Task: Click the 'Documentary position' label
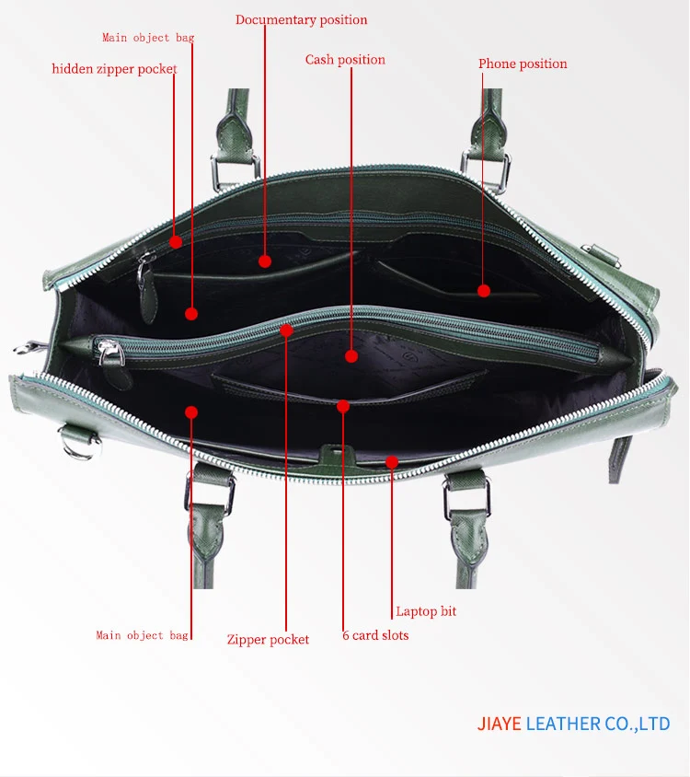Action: click(301, 19)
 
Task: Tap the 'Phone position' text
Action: click(522, 64)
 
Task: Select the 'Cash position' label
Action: click(345, 60)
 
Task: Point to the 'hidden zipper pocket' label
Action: click(114, 69)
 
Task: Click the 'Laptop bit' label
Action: click(426, 611)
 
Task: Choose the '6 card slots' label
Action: click(375, 635)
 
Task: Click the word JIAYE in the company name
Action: click(500, 724)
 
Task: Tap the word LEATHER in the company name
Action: click(563, 724)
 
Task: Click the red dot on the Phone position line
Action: click(484, 291)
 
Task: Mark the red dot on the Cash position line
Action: click(351, 355)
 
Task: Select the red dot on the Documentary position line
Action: click(265, 261)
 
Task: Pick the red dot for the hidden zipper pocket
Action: click(175, 242)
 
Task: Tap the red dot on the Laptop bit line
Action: click(392, 461)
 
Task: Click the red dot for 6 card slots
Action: click(342, 405)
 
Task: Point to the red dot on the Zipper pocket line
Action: click(286, 330)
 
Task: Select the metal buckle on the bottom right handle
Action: click(466, 497)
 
